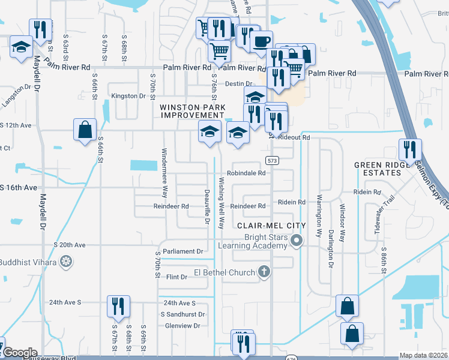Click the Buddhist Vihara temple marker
(67, 262)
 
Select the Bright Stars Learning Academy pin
(295, 242)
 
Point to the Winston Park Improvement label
(193, 111)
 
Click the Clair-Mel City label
(271, 226)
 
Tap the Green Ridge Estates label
(378, 169)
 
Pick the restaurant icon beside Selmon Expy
(410, 149)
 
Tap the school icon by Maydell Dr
(21, 47)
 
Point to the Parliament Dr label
(183, 251)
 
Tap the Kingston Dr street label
(129, 96)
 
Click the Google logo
(19, 353)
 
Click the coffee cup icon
(261, 41)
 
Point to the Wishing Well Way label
(221, 203)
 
